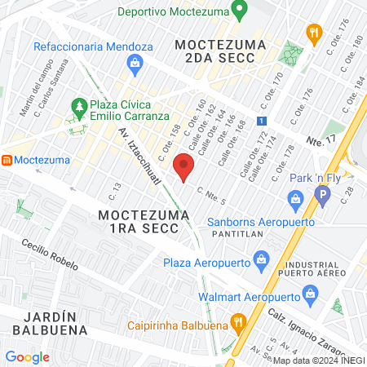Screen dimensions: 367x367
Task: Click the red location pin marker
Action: (185, 167)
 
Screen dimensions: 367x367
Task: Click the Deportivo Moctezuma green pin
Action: (239, 11)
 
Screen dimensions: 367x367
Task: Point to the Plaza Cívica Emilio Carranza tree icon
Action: (79, 106)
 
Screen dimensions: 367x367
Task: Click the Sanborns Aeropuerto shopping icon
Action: (295, 198)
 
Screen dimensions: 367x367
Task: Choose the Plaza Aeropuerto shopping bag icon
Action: (261, 262)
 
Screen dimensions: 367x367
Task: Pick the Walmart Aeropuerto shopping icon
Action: (309, 293)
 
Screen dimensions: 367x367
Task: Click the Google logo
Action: (27, 356)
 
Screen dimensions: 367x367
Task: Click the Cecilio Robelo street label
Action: (51, 255)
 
